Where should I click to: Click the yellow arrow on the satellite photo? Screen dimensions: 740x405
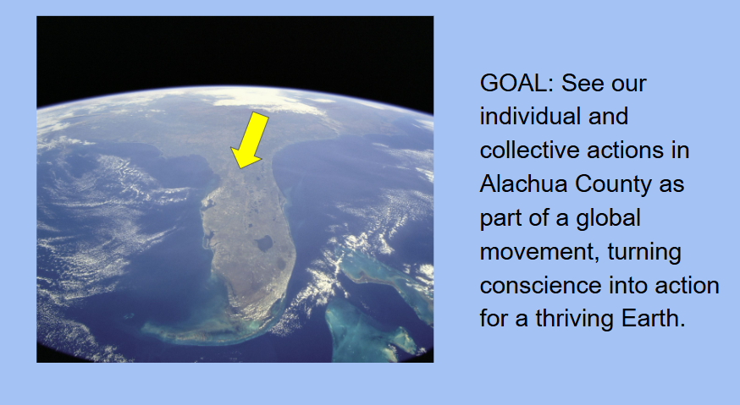click(250, 140)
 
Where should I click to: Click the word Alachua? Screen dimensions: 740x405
click(523, 183)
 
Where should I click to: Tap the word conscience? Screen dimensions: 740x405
click(540, 286)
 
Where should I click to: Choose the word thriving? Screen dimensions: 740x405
click(574, 319)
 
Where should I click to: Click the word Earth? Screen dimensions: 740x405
click(653, 318)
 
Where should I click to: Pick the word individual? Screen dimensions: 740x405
click(529, 117)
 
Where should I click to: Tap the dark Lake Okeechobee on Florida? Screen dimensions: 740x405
click(263, 244)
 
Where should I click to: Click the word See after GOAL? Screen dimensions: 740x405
click(578, 84)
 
